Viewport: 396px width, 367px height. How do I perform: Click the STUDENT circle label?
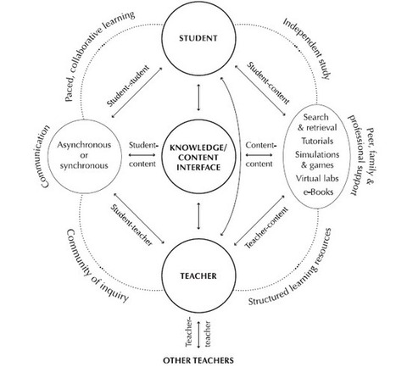(x=198, y=38)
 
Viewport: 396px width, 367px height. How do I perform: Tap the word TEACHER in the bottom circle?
(x=198, y=275)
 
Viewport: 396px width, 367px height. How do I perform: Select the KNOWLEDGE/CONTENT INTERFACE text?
(x=198, y=158)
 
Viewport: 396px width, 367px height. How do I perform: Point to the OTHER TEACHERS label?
(x=198, y=360)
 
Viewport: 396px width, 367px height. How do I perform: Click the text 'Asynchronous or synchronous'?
(x=84, y=155)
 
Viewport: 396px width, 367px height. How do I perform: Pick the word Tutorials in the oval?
(x=317, y=141)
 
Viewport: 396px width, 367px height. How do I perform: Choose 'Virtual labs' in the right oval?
(x=317, y=179)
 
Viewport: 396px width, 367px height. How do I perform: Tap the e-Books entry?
(x=318, y=192)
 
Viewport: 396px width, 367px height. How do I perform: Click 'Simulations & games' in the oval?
(x=317, y=159)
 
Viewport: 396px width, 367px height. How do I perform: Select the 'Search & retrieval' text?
(x=317, y=122)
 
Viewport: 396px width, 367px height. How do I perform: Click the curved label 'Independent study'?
(x=307, y=48)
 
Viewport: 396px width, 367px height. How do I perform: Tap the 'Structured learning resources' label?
(x=291, y=266)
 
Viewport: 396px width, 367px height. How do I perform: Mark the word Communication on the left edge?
(x=45, y=156)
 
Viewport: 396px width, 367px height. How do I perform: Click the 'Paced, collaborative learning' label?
(x=99, y=56)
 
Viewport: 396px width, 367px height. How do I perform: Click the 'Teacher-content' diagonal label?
(x=266, y=228)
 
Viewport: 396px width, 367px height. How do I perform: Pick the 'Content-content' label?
(x=259, y=154)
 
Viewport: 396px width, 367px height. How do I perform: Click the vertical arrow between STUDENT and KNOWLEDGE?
(x=198, y=97)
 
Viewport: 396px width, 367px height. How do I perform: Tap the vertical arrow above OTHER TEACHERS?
(x=198, y=334)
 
